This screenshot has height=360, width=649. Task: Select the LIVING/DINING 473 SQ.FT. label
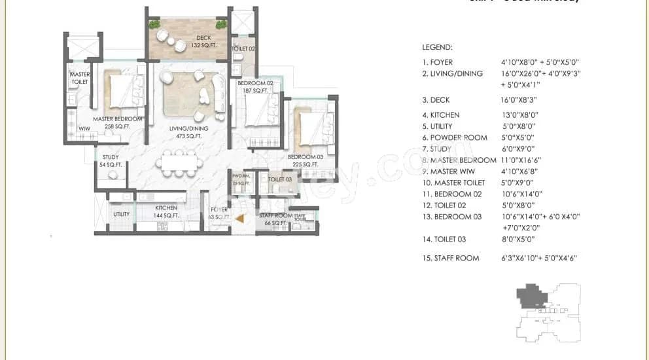click(x=188, y=132)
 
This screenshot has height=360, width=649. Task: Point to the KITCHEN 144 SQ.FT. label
click(x=166, y=211)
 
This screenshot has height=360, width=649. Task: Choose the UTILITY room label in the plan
click(x=121, y=214)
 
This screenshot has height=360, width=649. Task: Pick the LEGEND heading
click(x=438, y=48)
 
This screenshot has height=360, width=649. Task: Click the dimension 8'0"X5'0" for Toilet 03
click(x=517, y=239)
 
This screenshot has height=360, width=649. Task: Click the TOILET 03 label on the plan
click(x=279, y=179)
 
